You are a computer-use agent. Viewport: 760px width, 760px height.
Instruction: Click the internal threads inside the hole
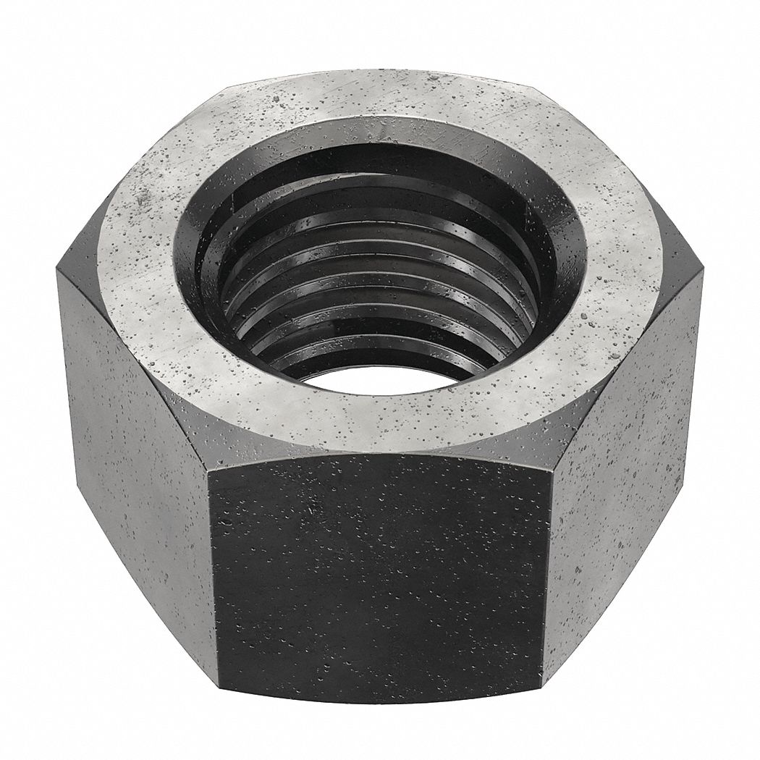(x=376, y=304)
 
